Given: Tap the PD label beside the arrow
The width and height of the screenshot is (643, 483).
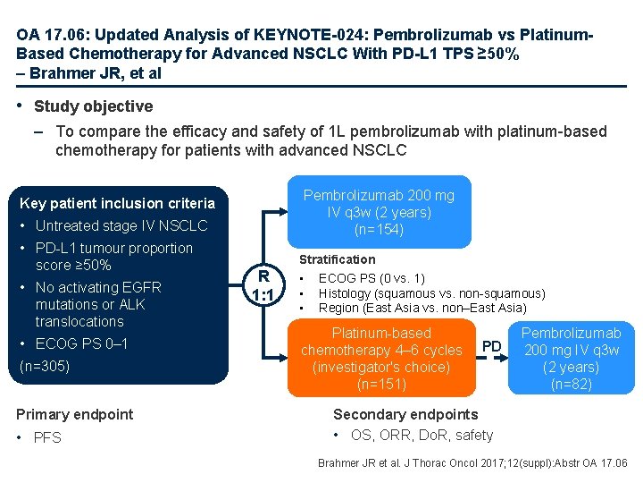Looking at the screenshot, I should tap(492, 345).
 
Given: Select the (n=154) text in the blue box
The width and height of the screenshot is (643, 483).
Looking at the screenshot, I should tap(379, 230).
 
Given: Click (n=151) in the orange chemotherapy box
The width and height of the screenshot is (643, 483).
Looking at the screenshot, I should tap(380, 385).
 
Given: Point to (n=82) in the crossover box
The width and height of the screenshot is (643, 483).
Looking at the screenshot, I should tap(571, 385).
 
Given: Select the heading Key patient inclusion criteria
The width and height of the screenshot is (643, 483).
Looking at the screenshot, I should tap(117, 203).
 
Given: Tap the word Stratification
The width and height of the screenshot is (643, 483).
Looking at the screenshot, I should tap(337, 259).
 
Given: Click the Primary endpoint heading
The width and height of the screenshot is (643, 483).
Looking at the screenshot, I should tap(75, 414).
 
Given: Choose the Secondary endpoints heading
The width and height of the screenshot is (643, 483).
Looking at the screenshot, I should tap(405, 414).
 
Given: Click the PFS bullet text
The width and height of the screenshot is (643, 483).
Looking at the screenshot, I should tap(48, 437).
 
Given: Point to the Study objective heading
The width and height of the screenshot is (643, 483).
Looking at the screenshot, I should tap(93, 106).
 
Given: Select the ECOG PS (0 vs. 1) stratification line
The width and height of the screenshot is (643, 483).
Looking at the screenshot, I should tap(372, 278).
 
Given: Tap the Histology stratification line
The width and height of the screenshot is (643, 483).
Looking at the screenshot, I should tap(431, 293).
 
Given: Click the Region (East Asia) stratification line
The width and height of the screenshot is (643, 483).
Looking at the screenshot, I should tap(422, 308).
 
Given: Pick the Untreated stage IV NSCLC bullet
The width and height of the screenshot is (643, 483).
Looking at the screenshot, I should tap(121, 225).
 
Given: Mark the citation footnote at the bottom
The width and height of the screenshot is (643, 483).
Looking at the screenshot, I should tap(473, 462).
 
